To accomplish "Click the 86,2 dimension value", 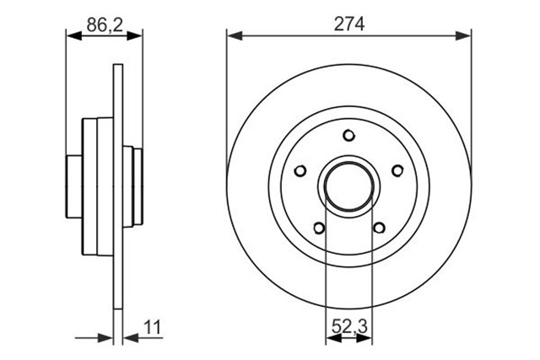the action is (105, 24).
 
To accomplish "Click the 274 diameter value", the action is (348, 24).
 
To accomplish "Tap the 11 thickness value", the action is (152, 327).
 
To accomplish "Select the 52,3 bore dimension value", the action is (349, 326).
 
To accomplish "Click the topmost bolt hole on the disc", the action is (348, 135).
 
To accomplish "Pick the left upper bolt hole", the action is (300, 170).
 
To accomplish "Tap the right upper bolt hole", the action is (397, 170).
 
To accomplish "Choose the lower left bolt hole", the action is (319, 228).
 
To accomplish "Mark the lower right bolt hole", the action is (379, 228).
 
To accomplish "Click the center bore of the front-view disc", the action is (348, 186).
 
